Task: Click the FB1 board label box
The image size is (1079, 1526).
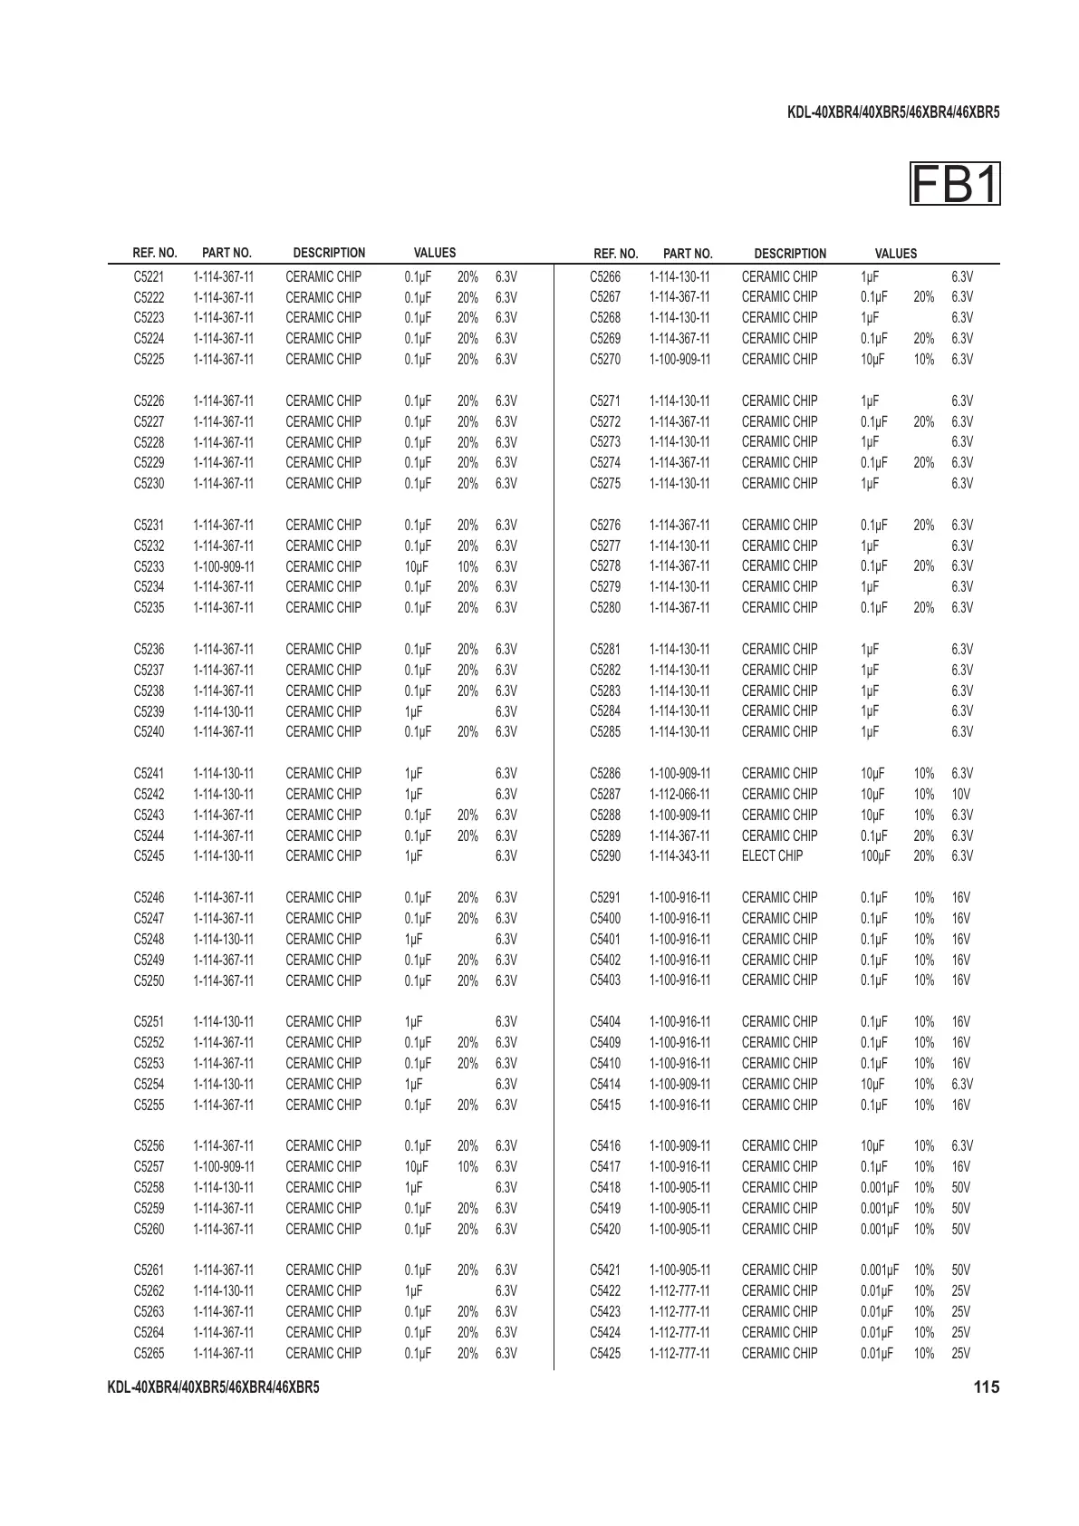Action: click(955, 185)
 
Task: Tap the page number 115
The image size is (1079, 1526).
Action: click(987, 1387)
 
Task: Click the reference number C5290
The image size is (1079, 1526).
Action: click(605, 855)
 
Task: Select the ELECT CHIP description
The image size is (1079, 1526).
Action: click(772, 855)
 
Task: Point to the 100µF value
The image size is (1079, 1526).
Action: click(875, 855)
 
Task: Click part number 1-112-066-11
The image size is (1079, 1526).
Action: click(679, 794)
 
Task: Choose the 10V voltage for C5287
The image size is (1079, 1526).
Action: click(960, 794)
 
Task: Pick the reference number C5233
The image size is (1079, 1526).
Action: click(149, 566)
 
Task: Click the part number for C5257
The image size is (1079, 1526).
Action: click(224, 1166)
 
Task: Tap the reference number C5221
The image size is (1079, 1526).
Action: click(149, 276)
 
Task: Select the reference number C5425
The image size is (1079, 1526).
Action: click(605, 1353)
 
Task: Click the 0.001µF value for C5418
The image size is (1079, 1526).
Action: click(880, 1187)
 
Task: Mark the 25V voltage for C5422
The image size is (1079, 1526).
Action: click(960, 1290)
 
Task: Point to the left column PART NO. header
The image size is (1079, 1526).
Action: click(226, 253)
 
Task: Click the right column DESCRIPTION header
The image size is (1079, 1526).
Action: click(790, 254)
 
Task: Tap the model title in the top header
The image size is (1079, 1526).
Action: click(893, 113)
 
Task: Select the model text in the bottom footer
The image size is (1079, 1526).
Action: click(213, 1387)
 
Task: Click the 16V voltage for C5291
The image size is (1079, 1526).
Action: click(960, 897)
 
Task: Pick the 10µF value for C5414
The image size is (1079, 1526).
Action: click(872, 1084)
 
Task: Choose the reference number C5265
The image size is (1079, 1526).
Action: click(149, 1353)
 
